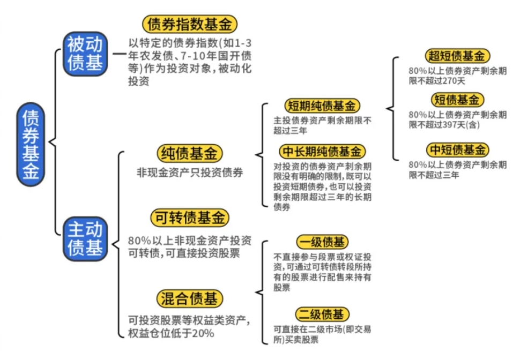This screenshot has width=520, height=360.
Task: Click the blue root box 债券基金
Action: point(32,145)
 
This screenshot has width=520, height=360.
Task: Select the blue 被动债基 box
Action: point(85,54)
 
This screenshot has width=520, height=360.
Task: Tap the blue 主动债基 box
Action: point(85,239)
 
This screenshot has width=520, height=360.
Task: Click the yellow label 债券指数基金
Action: point(189,24)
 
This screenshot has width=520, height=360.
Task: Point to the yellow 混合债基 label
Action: point(190,298)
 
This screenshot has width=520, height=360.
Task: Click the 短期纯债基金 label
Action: point(322,106)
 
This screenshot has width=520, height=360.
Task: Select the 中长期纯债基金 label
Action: point(322,151)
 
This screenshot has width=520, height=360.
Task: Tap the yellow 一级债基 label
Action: point(322,242)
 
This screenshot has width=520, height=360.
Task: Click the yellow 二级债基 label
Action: point(322,314)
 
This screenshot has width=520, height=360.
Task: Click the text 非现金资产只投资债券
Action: point(190,172)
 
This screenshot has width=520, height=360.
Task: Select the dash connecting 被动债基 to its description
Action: point(118,54)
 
